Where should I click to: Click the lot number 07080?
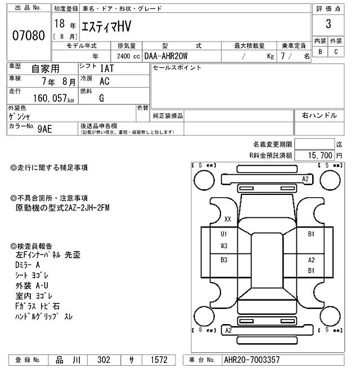click(x=28, y=35)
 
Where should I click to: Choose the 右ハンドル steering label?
click(x=319, y=115)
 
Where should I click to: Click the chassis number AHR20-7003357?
click(x=251, y=360)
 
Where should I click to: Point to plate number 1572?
click(x=158, y=360)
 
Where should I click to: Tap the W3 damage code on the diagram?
click(x=224, y=246)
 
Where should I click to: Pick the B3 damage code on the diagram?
click(x=224, y=260)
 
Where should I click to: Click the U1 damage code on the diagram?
click(x=224, y=234)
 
